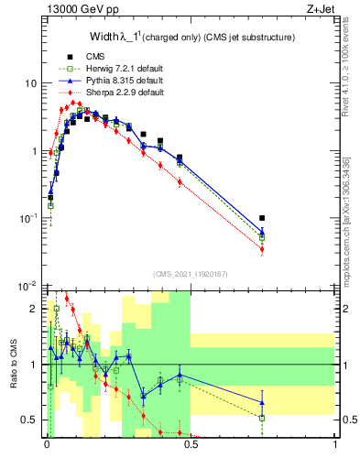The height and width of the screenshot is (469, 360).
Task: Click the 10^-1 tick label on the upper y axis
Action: pos(27,219)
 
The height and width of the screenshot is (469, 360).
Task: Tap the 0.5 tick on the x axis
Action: pos(191,444)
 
